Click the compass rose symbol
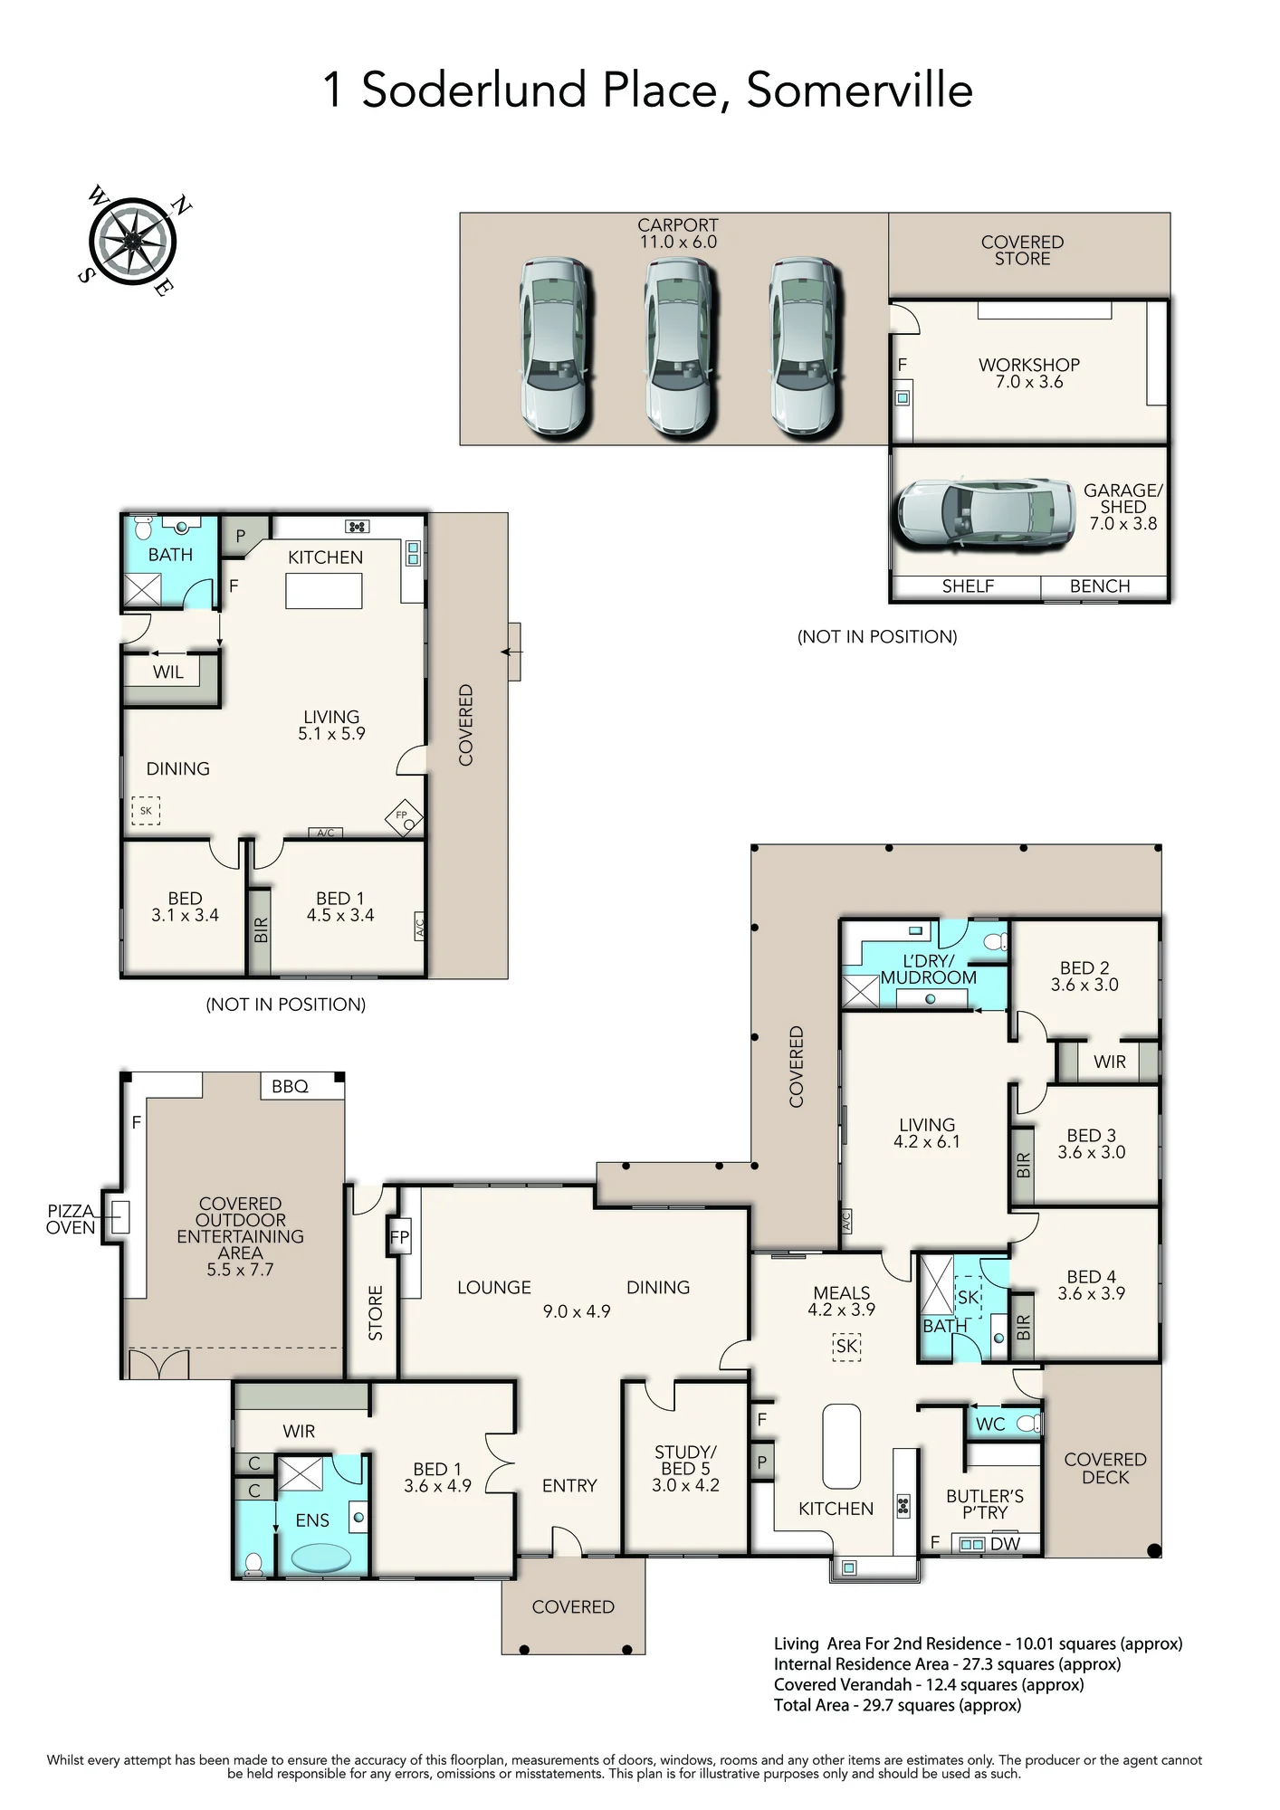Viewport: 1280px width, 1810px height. (132, 241)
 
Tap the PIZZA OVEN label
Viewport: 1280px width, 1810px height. (71, 1219)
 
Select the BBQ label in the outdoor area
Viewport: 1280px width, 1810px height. (290, 1086)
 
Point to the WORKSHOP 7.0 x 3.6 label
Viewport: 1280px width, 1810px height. (1029, 373)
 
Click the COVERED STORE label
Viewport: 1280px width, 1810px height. (1022, 250)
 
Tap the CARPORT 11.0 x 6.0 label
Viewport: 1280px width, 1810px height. (678, 233)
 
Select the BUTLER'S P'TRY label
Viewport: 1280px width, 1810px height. (985, 1504)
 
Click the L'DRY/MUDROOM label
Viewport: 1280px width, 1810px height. (929, 969)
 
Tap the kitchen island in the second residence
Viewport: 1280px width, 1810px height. (324, 591)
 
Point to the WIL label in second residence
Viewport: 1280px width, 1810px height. (168, 672)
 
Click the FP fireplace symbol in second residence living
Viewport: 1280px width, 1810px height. (404, 817)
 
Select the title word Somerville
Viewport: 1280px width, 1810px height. (860, 90)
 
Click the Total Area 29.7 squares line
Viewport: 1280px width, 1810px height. (897, 1705)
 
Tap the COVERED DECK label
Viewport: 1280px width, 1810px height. (1105, 1468)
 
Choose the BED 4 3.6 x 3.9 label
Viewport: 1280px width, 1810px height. (1092, 1285)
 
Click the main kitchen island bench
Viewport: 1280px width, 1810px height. (841, 1446)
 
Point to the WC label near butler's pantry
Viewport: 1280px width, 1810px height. (990, 1424)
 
